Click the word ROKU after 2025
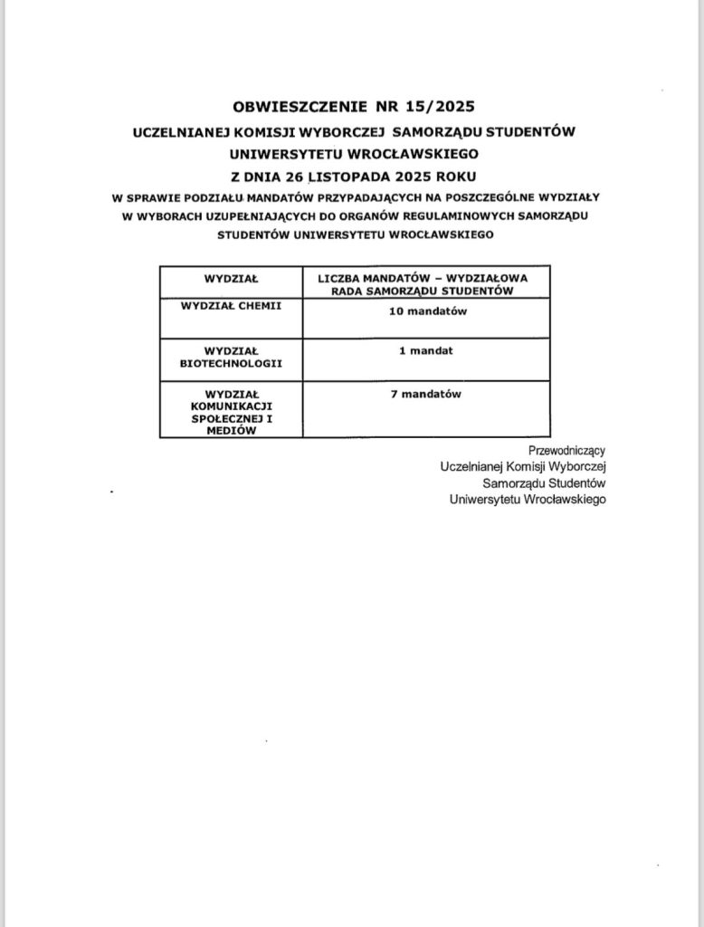pos(454,175)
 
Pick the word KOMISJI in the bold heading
pos(256,132)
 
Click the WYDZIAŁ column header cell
pos(232,280)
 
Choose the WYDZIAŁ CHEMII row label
pos(232,306)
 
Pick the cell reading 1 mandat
pos(426,350)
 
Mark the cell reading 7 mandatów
pos(426,395)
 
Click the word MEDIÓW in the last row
pos(232,431)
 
